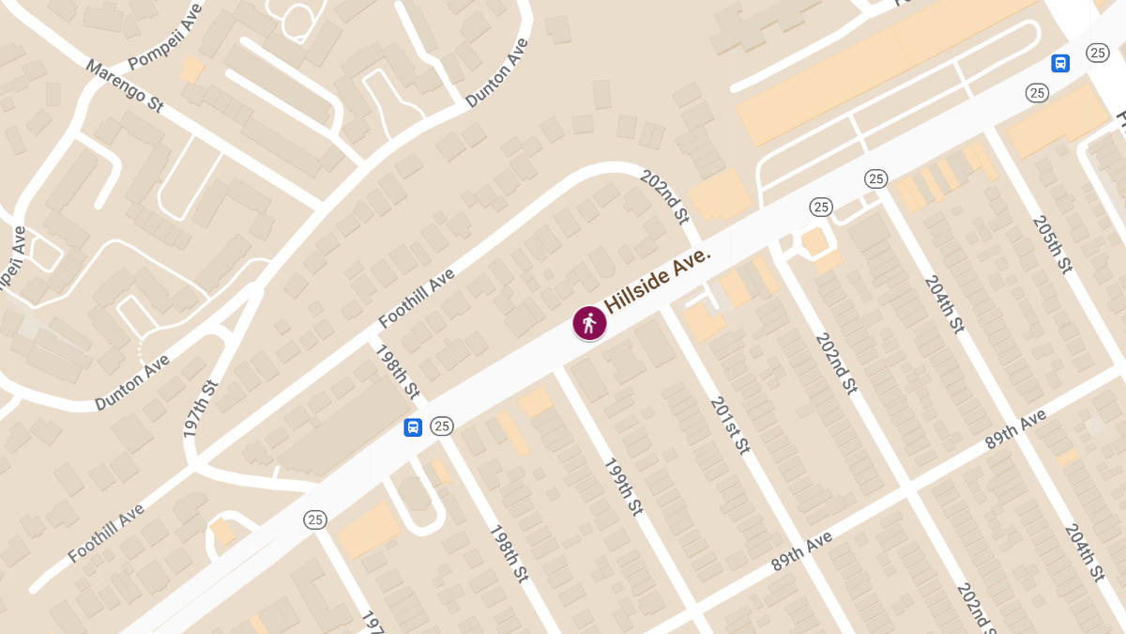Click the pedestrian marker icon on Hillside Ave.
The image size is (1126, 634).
pyautogui.click(x=589, y=323)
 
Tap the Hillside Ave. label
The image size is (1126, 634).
pyautogui.click(x=658, y=281)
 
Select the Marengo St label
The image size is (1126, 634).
pyautogui.click(x=125, y=86)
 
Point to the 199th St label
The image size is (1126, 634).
pyautogui.click(x=622, y=487)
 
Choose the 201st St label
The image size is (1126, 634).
pyautogui.click(x=730, y=425)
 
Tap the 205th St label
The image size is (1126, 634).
pyautogui.click(x=1051, y=244)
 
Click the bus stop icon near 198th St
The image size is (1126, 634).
pyautogui.click(x=412, y=427)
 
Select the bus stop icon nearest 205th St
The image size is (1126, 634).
pyautogui.click(x=1060, y=64)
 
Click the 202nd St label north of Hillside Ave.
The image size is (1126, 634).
pyautogui.click(x=664, y=196)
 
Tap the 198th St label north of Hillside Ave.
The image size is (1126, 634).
pyautogui.click(x=397, y=371)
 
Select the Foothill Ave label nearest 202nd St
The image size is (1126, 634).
pyautogui.click(x=417, y=299)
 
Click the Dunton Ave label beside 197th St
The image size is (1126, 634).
pyautogui.click(x=132, y=382)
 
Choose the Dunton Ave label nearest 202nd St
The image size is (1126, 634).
pyautogui.click(x=497, y=73)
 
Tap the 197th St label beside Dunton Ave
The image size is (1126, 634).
pyautogui.click(x=201, y=410)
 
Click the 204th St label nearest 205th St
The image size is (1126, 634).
pyautogui.click(x=944, y=304)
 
